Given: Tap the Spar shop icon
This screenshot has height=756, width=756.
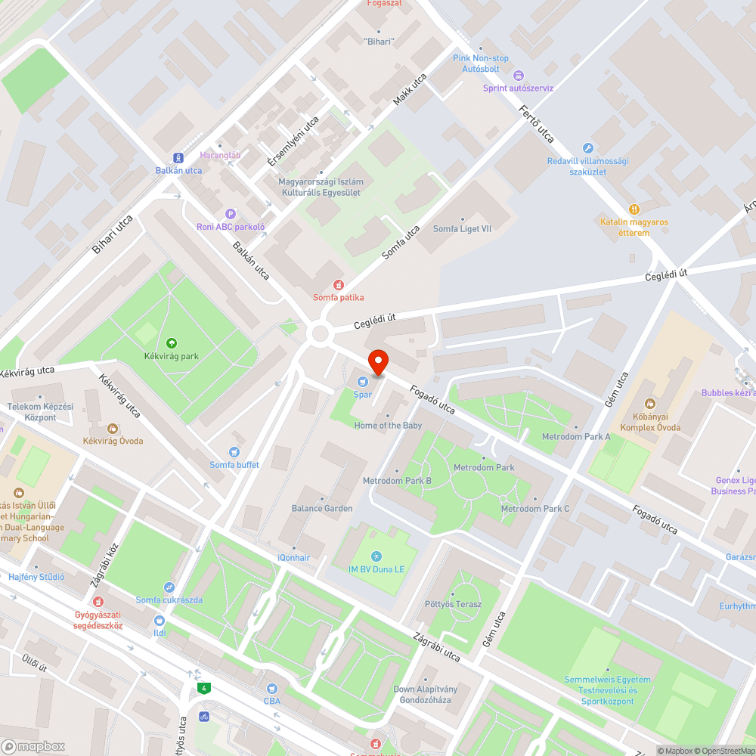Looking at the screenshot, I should (363, 381).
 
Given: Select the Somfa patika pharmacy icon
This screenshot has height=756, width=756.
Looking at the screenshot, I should (338, 285).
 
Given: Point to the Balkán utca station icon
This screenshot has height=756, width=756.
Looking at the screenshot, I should (178, 157).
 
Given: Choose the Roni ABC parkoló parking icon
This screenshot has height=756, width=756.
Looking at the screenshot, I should (231, 214).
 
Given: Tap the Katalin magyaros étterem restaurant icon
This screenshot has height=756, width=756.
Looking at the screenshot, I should (634, 209).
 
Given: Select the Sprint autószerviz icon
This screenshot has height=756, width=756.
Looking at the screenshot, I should (518, 75).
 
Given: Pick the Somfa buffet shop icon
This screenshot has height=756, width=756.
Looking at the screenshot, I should (234, 452).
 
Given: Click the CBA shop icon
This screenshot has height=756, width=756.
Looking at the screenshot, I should (272, 689).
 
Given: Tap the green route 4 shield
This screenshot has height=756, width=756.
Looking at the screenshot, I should (203, 688).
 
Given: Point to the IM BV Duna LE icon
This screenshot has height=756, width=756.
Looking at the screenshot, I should (376, 556).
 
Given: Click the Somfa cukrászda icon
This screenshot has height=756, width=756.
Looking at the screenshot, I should (169, 587).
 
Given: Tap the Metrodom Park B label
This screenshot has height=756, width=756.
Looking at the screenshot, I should (397, 481).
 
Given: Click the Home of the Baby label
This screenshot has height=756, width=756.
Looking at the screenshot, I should (388, 426).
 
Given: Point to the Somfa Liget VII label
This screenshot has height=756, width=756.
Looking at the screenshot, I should (462, 229).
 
